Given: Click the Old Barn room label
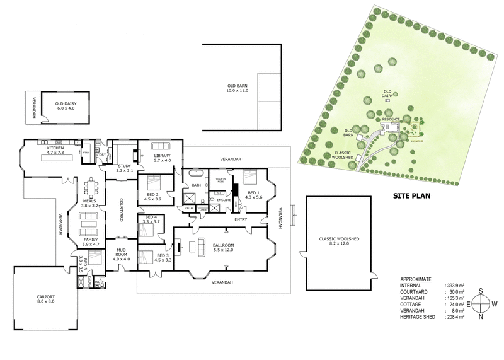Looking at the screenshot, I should [238, 88].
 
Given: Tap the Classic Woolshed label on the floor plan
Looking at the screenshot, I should [340, 241].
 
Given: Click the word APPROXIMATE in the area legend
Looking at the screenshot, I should [416, 277].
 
